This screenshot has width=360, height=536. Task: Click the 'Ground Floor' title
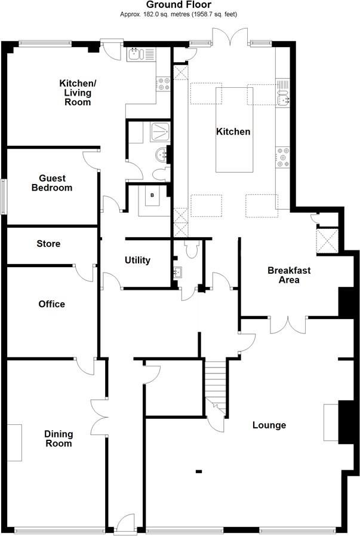[179, 5]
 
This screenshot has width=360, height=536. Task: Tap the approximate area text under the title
[179, 14]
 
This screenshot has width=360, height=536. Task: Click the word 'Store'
[48, 244]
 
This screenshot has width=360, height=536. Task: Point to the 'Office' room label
[51, 304]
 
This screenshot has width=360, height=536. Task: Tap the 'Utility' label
[137, 261]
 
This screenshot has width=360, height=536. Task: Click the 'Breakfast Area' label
[289, 275]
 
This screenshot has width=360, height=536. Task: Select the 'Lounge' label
[269, 425]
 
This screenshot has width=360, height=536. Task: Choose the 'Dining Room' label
[59, 439]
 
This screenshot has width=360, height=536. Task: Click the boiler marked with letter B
[153, 195]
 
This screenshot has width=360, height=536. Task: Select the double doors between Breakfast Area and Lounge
[288, 326]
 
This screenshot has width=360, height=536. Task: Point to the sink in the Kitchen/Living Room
[134, 54]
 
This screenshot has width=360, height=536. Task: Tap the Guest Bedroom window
[4, 197]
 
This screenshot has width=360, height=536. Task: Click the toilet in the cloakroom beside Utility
[191, 250]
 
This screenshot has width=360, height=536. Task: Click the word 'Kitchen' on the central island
[233, 131]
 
